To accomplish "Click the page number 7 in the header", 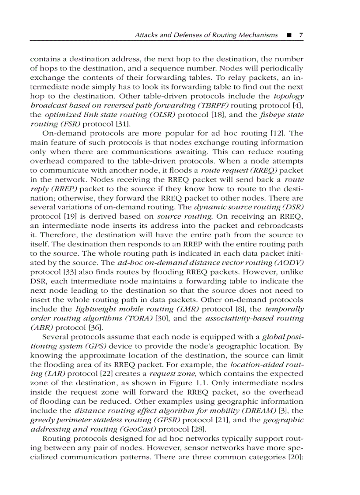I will pos(300,35).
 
